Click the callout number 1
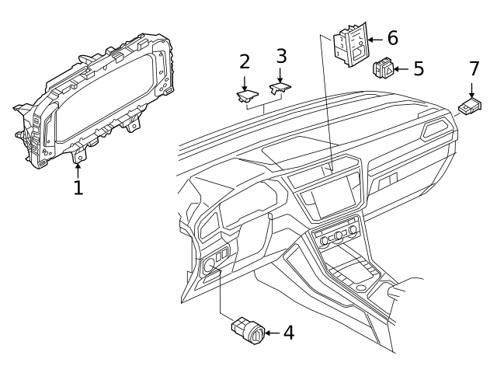[x=78, y=187]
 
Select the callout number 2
[x=245, y=63]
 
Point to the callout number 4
[x=288, y=333]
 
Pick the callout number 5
[x=418, y=68]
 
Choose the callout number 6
[x=392, y=37]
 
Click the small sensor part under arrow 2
[x=246, y=96]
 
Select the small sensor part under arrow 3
[x=280, y=89]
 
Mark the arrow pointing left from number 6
[x=374, y=37]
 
